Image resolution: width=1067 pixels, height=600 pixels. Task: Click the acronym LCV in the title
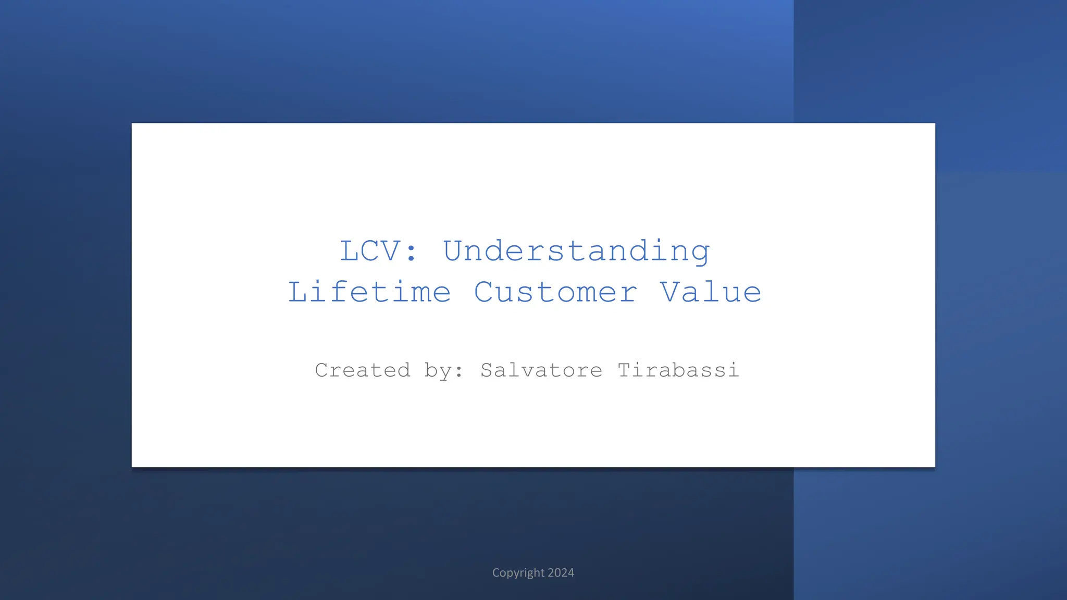(370, 251)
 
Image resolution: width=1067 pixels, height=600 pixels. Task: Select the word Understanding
(576, 252)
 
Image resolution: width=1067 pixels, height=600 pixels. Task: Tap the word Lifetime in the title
(369, 292)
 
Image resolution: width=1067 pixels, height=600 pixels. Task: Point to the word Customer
(555, 292)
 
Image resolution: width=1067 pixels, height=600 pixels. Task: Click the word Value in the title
(711, 292)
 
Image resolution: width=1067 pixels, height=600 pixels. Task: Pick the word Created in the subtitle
(363, 370)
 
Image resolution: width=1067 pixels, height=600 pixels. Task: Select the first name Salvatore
(541, 370)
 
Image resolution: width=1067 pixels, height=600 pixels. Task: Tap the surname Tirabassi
(678, 370)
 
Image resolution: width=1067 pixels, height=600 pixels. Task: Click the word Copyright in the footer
(518, 573)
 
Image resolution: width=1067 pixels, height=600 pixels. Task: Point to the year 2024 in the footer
(561, 573)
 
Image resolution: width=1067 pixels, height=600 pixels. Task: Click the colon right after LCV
(411, 252)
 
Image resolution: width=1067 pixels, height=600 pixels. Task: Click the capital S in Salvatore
(487, 370)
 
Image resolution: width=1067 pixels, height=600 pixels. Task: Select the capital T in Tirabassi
(624, 370)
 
